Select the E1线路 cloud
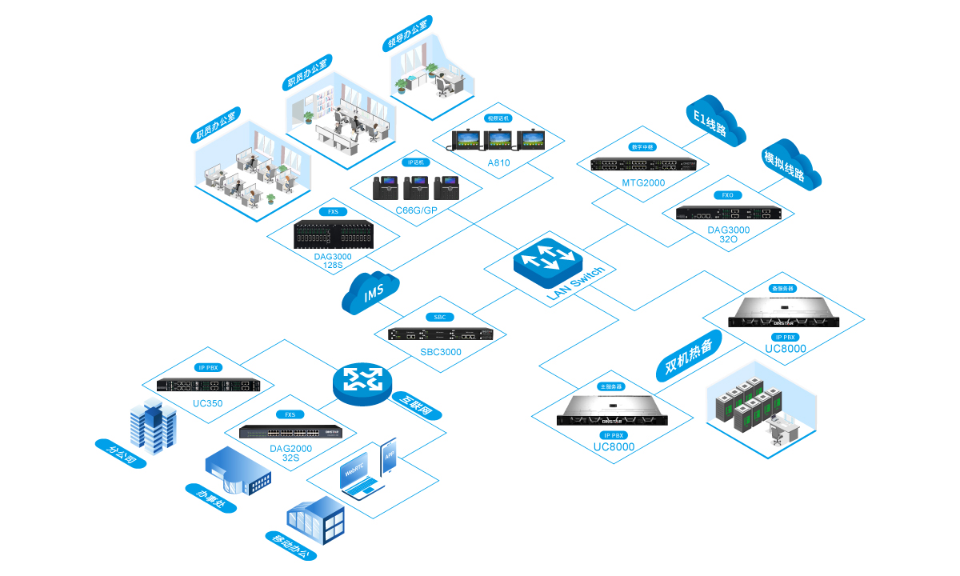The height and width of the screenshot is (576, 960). coord(715,122)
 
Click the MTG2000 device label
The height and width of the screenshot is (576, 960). coord(643,182)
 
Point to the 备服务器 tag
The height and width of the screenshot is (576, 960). coord(782,288)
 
